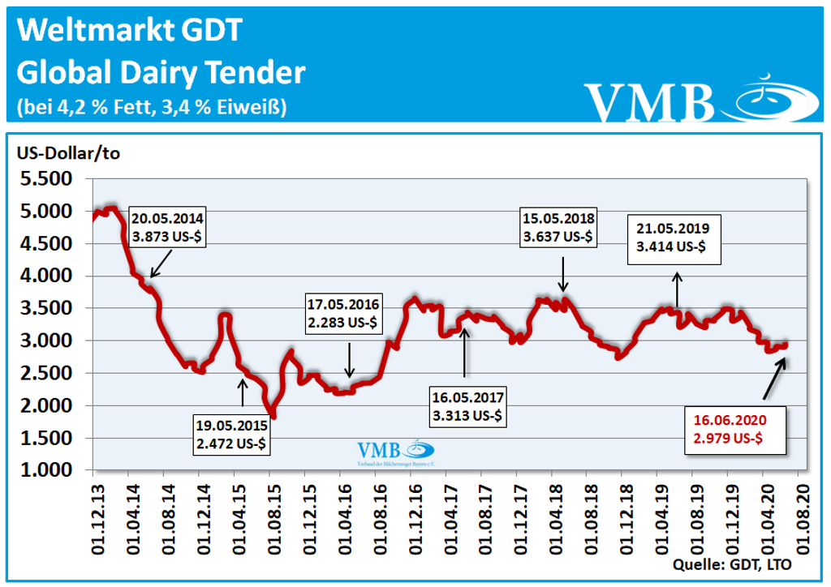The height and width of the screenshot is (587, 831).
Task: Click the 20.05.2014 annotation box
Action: point(168,227)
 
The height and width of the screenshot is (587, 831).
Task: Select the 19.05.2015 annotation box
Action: point(232,435)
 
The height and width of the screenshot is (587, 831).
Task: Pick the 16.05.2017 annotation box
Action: point(468,406)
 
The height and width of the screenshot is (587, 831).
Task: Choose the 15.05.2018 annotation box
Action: point(560,227)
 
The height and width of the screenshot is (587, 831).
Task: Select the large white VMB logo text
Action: point(649,102)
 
